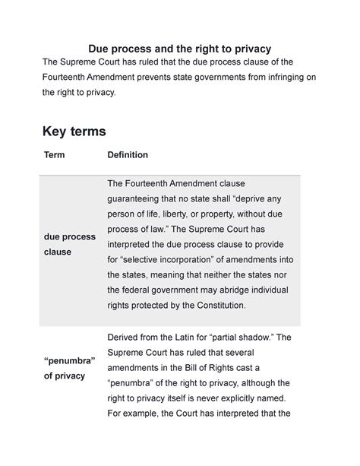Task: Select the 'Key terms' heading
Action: (74, 132)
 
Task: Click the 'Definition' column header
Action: (128, 155)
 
